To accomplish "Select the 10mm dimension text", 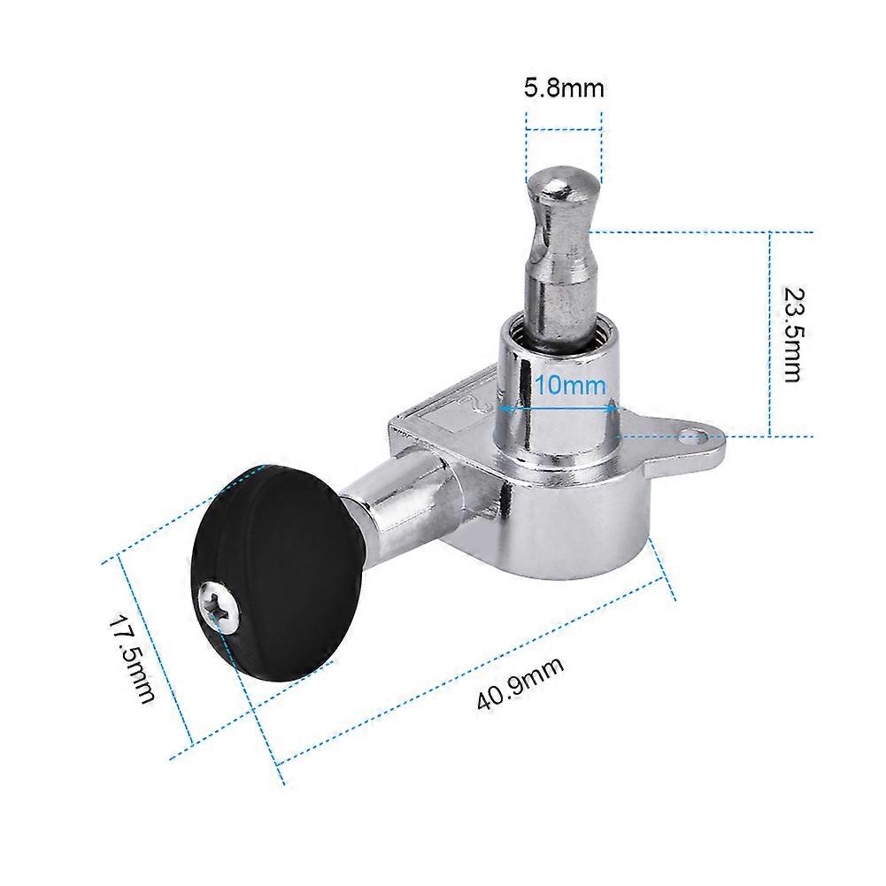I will (570, 386).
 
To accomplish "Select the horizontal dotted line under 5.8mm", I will (564, 131).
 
